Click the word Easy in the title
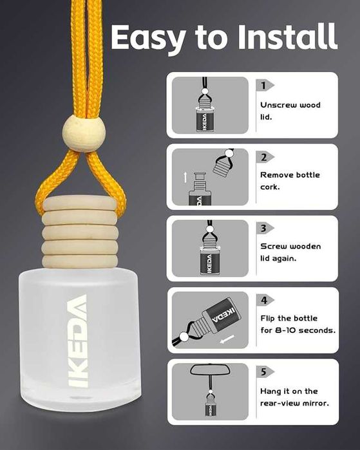(148, 38)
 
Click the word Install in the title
(287, 37)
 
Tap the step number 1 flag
(265, 86)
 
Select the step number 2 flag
(265, 157)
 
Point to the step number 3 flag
(265, 229)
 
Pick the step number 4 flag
(265, 300)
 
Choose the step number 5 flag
(265, 372)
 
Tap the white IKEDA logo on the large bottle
(77, 341)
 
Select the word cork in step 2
(270, 187)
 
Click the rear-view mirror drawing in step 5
(211, 370)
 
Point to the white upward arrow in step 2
(185, 177)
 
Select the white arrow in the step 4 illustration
(227, 339)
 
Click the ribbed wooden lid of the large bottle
(80, 232)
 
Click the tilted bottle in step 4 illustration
(218, 319)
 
